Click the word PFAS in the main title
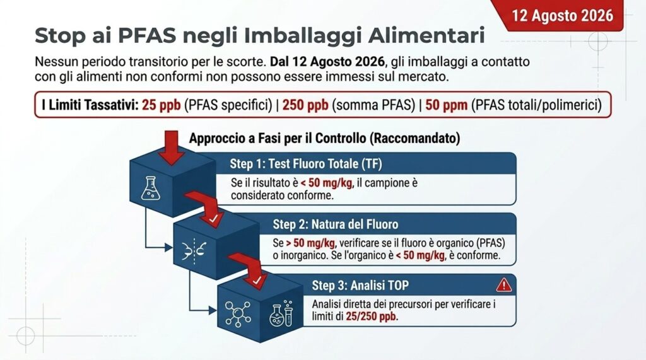click(146, 35)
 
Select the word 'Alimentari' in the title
click(426, 35)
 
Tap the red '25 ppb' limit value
click(161, 105)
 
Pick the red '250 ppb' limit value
click(305, 105)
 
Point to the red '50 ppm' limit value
click(446, 105)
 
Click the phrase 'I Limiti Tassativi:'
click(90, 105)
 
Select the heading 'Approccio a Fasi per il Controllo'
click(278, 138)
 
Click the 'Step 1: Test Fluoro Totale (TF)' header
click(306, 164)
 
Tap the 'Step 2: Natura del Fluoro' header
click(336, 224)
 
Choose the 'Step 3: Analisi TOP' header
click(360, 286)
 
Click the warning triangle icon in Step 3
click(504, 285)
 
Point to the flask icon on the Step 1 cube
click(150, 189)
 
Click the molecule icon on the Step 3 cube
click(238, 314)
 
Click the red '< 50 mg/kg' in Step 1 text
click(326, 183)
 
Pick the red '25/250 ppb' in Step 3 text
click(371, 316)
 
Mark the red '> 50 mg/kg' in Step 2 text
click(310, 243)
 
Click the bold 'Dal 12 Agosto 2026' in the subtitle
click(327, 62)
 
